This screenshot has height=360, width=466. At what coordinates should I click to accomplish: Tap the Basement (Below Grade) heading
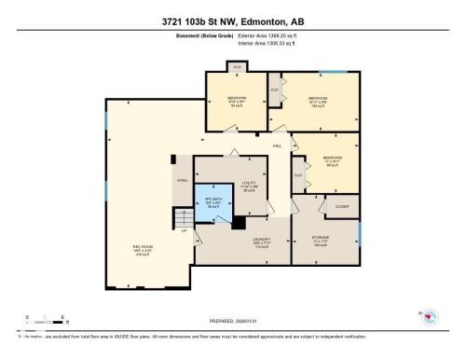coord(198,37)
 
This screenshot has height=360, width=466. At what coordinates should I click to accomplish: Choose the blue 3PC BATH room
coord(212,201)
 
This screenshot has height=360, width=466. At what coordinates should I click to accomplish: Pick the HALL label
coord(277,146)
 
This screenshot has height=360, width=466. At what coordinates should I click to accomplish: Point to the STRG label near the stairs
coord(182,180)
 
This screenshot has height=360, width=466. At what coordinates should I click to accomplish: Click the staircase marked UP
coord(183,220)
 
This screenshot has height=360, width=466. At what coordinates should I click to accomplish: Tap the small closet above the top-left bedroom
coord(238,67)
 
